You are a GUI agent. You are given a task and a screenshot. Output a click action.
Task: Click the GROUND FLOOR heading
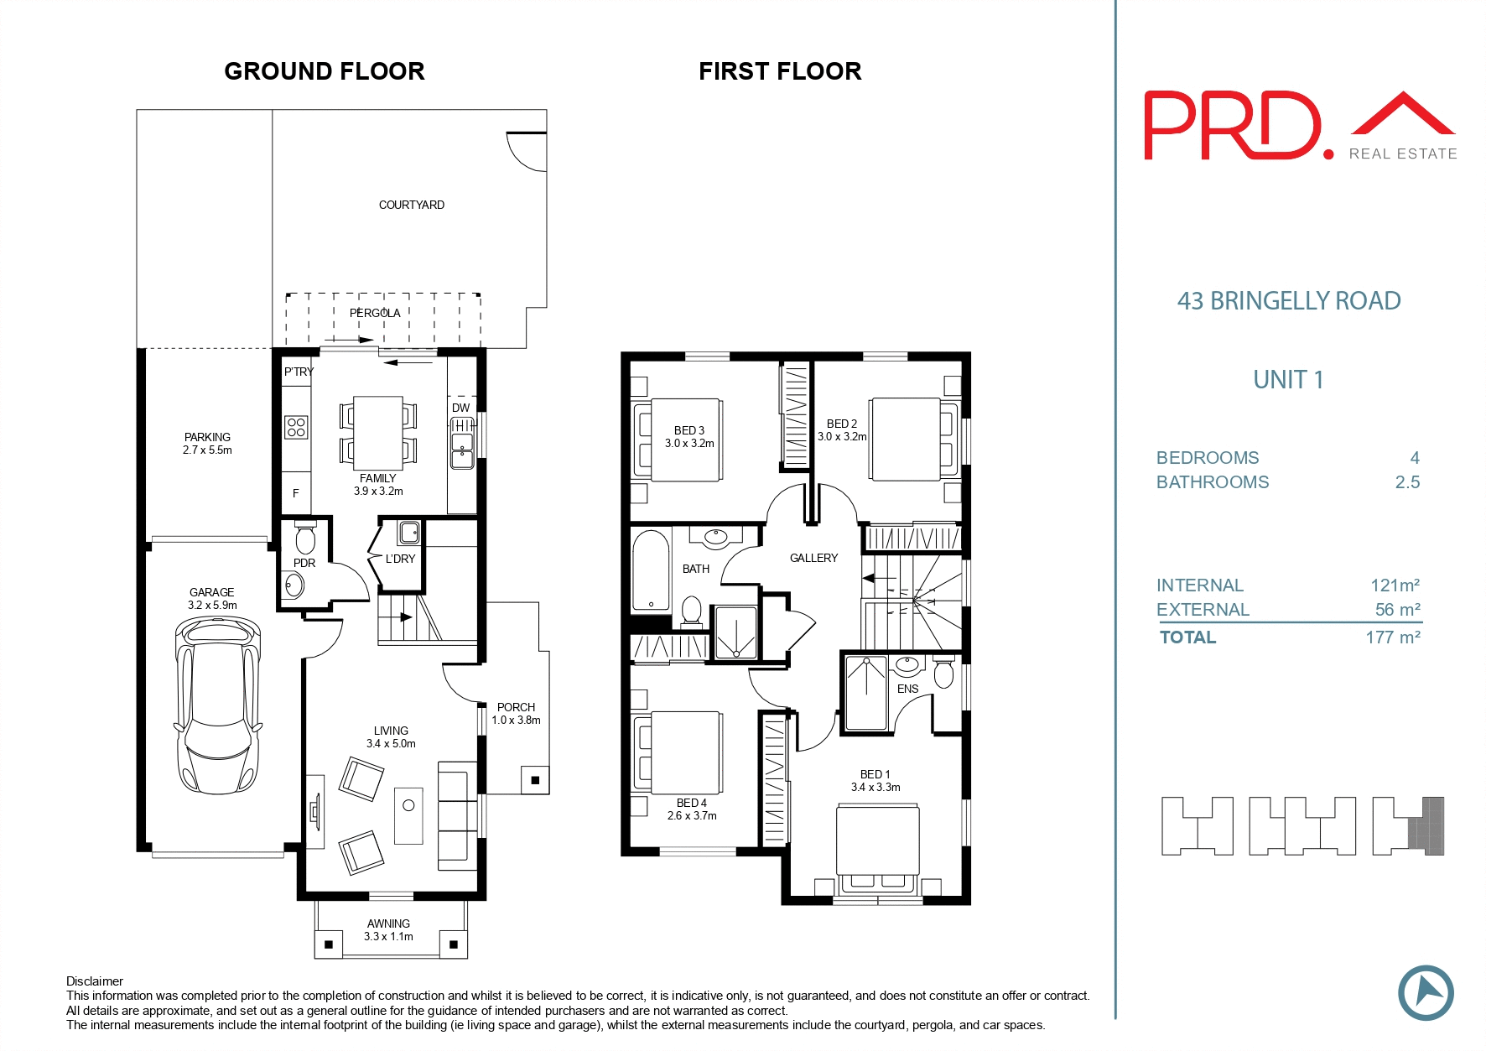tap(324, 71)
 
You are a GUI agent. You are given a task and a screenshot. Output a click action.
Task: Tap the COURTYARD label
tap(411, 205)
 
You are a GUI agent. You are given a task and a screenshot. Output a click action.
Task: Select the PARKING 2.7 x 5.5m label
tap(207, 443)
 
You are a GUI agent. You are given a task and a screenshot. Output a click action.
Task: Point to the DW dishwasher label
tap(460, 408)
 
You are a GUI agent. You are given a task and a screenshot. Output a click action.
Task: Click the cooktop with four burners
tap(296, 427)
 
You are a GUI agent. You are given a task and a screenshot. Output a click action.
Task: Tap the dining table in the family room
tap(378, 433)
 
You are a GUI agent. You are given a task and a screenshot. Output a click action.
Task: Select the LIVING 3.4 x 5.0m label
tap(391, 736)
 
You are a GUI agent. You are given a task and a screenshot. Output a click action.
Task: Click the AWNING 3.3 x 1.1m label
tap(388, 929)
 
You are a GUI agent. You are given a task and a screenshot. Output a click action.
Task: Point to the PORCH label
tap(516, 707)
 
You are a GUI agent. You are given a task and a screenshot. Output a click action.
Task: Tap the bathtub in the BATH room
tap(651, 570)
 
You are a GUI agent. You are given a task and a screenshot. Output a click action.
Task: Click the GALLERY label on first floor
tap(813, 558)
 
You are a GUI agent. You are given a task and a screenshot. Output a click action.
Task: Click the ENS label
tap(907, 689)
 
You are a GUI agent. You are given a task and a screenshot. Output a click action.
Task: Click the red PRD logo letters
tap(1233, 126)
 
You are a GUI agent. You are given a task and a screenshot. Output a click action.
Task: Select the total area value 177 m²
tap(1392, 637)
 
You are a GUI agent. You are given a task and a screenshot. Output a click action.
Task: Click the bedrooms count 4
tap(1414, 458)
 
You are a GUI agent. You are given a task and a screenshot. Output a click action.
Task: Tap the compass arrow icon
tap(1426, 993)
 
